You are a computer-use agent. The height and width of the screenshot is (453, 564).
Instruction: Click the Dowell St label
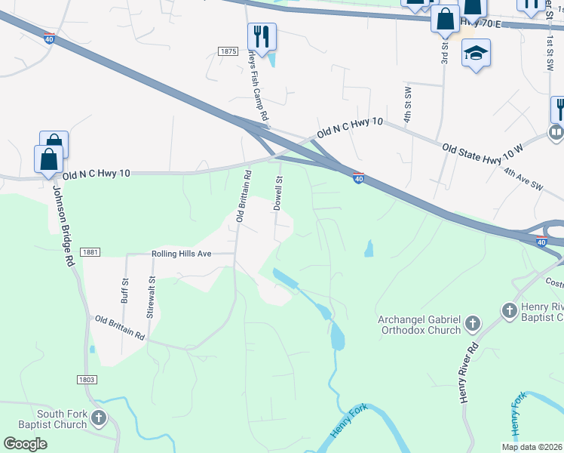click(x=278, y=193)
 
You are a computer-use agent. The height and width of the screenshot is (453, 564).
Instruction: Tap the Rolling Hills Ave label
click(x=182, y=254)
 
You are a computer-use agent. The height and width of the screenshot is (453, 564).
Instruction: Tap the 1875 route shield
click(x=229, y=51)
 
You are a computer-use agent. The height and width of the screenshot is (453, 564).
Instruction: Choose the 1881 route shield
click(x=89, y=252)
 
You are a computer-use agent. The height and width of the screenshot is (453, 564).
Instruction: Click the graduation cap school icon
click(x=476, y=53)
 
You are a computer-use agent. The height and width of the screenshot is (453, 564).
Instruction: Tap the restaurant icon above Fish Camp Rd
click(x=262, y=36)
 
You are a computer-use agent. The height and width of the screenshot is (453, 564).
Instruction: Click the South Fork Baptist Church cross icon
click(x=99, y=417)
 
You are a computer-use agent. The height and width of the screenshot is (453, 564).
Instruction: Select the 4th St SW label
click(x=407, y=105)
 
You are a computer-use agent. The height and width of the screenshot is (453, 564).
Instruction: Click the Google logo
click(x=26, y=444)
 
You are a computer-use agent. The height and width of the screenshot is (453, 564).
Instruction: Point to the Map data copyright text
click(x=532, y=447)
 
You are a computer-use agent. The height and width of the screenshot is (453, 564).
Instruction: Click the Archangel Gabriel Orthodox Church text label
click(x=419, y=325)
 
